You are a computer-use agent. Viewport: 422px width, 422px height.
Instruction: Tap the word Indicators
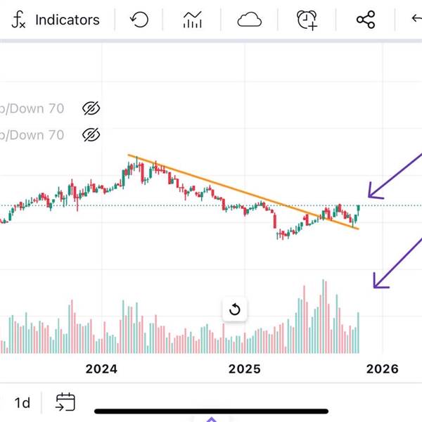click(x=68, y=20)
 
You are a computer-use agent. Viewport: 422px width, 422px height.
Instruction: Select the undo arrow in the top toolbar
click(x=140, y=20)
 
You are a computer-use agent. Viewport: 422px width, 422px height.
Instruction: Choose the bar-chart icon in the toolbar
click(x=193, y=20)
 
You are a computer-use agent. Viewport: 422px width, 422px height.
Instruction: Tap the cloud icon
click(x=249, y=20)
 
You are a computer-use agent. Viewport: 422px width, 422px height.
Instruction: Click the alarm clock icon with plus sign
click(x=307, y=20)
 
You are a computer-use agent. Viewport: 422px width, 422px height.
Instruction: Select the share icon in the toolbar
click(x=366, y=20)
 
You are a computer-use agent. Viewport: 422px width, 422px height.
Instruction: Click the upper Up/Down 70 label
click(x=32, y=108)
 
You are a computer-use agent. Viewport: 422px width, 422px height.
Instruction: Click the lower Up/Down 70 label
click(x=32, y=134)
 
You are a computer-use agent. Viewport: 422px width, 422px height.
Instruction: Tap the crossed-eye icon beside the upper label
click(x=91, y=108)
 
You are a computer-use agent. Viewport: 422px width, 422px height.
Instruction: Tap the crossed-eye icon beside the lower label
click(x=91, y=134)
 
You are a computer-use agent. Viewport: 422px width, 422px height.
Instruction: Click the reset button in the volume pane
click(x=235, y=309)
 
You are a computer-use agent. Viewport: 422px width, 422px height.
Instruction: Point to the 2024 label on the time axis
click(x=101, y=369)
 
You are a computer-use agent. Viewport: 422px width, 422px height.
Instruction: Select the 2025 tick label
click(x=245, y=369)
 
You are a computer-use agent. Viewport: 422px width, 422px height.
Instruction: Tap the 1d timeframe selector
click(x=23, y=403)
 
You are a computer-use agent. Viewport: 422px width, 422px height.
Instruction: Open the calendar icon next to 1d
click(x=65, y=402)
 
